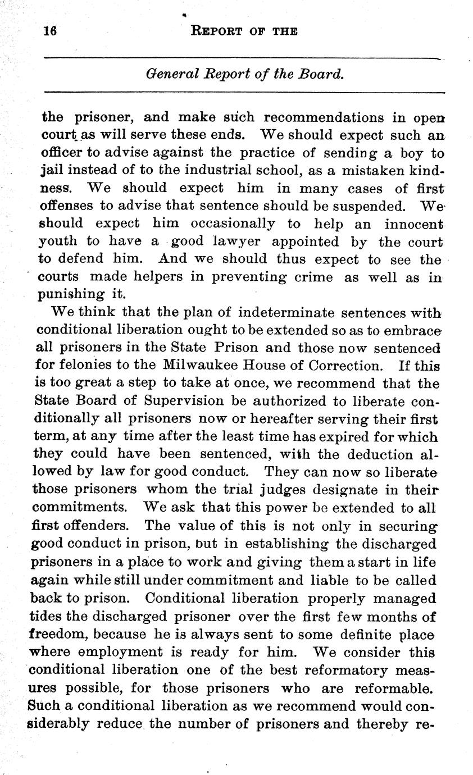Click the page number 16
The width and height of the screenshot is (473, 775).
point(51,31)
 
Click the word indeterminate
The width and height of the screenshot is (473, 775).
point(286,312)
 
